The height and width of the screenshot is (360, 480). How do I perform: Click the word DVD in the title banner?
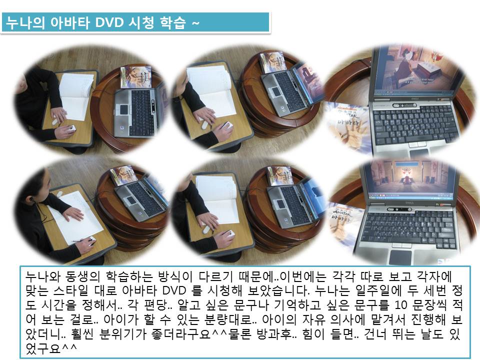pyautogui.click(x=109, y=22)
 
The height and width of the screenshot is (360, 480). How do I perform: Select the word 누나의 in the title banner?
pyautogui.click(x=25, y=22)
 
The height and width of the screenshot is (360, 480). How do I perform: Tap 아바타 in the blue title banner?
pyautogui.click(x=70, y=22)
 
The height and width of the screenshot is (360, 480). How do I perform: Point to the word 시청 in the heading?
pyautogui.click(x=141, y=22)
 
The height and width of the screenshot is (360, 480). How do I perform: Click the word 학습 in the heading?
pyautogui.click(x=173, y=22)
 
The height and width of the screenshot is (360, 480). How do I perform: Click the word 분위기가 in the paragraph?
pyautogui.click(x=123, y=333)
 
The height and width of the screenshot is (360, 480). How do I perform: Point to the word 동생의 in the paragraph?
pyautogui.click(x=82, y=276)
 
